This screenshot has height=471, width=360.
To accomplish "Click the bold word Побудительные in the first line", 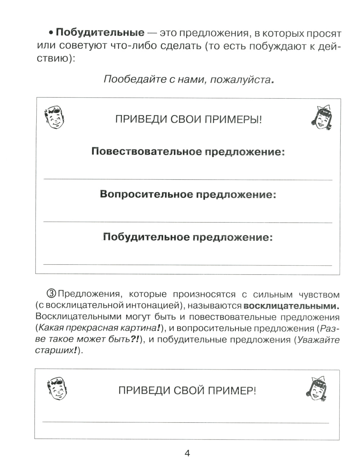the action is [x=100, y=33].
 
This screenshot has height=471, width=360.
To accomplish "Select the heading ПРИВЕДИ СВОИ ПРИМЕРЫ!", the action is [x=188, y=120].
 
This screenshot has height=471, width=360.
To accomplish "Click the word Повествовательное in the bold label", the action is [x=147, y=152].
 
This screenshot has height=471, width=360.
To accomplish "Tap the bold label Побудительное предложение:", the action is [x=188, y=237].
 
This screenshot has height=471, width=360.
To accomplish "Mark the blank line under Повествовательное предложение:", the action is [x=188, y=179].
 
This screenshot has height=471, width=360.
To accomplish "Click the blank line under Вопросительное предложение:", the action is [x=188, y=222].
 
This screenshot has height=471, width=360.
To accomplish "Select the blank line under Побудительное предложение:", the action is [x=188, y=265].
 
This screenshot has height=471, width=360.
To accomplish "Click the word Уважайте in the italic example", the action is [x=318, y=340].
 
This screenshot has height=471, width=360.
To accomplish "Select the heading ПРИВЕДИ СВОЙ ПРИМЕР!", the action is [x=187, y=391].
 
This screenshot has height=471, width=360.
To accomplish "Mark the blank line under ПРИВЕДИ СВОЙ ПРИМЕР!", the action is [x=186, y=422].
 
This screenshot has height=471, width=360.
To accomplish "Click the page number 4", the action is [x=187, y=453].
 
